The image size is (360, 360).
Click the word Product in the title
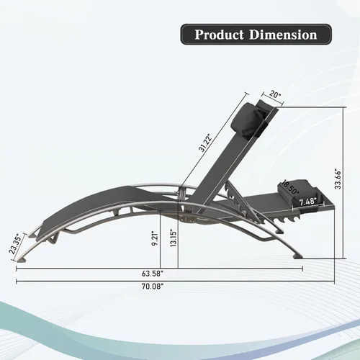pos(219,35)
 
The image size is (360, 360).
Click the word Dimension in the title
pos(283,35)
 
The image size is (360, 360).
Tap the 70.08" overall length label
pos(153,287)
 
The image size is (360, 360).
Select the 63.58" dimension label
pos(153,274)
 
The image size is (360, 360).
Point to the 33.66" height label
pos(338,179)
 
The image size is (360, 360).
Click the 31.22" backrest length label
pos(205,143)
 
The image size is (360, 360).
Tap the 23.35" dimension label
pos(17,243)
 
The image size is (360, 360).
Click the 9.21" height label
pos(156,238)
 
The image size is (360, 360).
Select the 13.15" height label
pos(174,238)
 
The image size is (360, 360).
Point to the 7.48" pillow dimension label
pos(307,202)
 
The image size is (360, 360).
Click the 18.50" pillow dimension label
pos(291,188)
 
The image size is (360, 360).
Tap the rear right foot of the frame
pos(297,257)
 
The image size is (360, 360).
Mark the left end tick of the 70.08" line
pos(17,282)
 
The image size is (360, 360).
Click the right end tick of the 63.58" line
pos(302,269)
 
